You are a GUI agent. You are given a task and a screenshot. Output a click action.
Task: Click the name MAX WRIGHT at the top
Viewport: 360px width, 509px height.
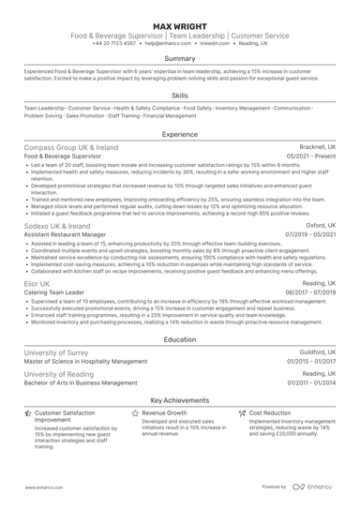(180, 23)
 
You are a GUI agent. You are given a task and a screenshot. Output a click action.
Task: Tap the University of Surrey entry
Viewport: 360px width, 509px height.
(58, 352)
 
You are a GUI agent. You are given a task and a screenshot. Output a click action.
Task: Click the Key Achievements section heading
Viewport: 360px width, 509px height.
(180, 398)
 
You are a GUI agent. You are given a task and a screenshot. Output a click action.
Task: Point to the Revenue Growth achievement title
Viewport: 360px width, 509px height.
(164, 412)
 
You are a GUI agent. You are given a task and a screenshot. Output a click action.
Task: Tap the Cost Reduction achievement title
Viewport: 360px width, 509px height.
(270, 412)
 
